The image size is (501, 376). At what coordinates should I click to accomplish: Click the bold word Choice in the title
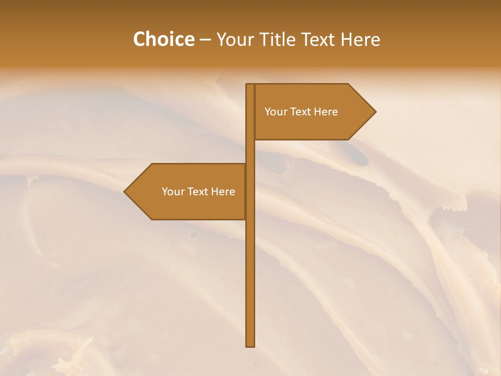coord(163,40)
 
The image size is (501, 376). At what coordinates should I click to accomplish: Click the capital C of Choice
coord(139,40)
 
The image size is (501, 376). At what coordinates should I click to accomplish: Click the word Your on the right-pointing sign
coord(275,112)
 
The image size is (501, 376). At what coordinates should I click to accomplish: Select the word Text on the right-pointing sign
coord(301,112)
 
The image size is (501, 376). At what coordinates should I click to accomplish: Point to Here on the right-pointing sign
coord(326,112)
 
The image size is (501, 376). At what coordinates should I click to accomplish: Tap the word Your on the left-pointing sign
coord(172,192)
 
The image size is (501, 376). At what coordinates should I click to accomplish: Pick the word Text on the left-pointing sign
coord(198,192)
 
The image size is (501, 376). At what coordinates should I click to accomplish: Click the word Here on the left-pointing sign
coord(223,192)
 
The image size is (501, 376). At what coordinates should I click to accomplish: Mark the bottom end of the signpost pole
coord(250,345)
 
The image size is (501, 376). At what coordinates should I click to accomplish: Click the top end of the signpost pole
coord(250,85)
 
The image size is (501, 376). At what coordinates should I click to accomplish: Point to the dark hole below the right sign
coord(356,154)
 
